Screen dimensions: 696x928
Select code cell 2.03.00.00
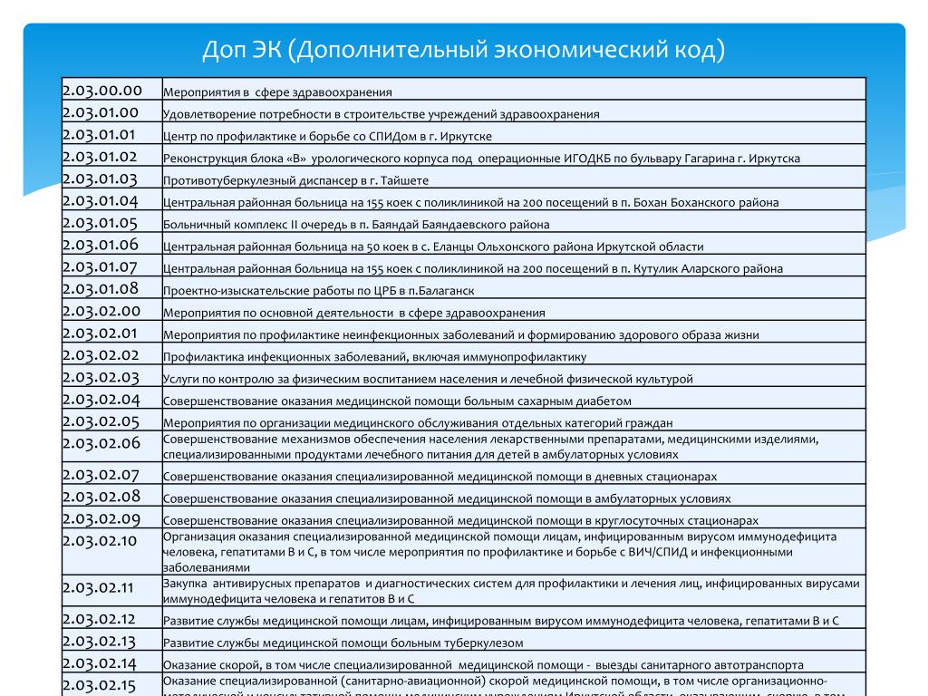coord(102,90)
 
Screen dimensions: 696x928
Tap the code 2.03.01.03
coord(100,179)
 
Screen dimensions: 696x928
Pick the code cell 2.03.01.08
coord(100,289)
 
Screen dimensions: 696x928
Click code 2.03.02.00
coord(101,311)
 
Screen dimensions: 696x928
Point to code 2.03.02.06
coord(101,443)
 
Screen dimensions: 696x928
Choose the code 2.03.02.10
coord(100,541)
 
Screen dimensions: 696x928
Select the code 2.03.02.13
coord(99,642)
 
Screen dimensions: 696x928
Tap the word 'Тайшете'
coord(402,180)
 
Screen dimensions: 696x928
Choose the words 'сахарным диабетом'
coord(581,401)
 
